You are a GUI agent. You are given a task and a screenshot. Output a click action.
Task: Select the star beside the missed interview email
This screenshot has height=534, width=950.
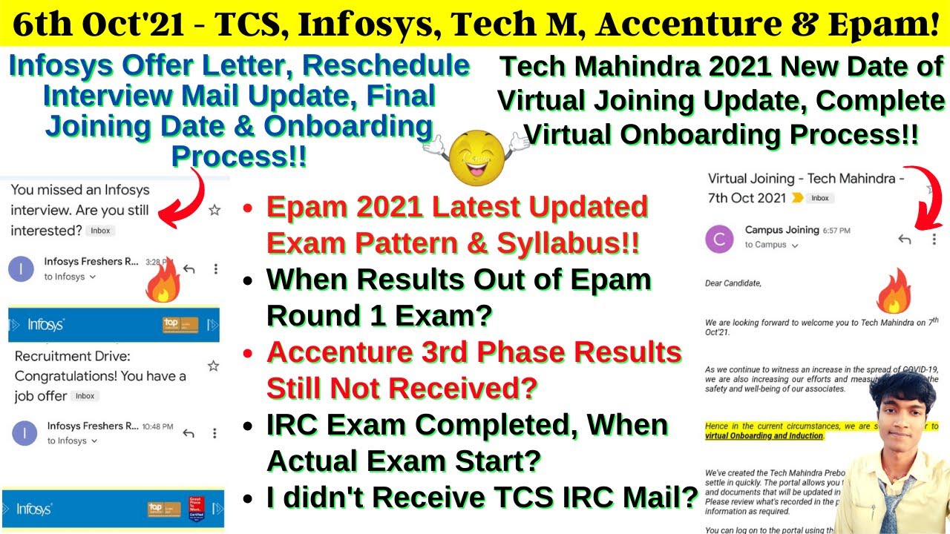(214, 211)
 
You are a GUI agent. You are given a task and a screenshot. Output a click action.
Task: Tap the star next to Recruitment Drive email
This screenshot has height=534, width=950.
(214, 366)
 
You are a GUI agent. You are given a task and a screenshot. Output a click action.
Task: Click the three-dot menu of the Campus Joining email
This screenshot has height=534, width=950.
(934, 239)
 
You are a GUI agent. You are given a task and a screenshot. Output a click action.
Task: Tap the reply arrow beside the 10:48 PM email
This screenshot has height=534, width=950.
(189, 433)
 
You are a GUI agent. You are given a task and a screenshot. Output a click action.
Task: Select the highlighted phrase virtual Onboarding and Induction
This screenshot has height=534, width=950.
(764, 436)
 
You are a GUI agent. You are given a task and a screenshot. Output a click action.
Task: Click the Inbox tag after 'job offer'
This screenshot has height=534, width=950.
(85, 396)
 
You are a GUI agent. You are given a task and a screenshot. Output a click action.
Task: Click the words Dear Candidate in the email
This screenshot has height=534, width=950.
(733, 283)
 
